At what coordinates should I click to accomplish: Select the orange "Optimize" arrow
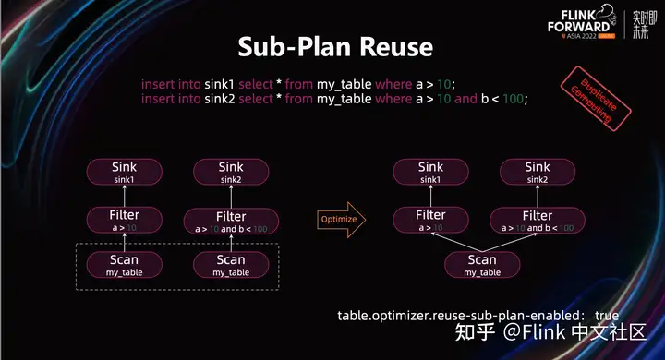point(341,220)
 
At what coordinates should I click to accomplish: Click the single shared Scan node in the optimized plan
point(481,265)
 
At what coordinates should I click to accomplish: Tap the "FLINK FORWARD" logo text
point(572,21)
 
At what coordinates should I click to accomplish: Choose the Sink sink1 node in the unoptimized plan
point(124,172)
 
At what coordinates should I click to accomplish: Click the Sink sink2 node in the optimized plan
point(537,172)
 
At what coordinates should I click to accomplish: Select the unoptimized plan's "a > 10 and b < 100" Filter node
point(231,220)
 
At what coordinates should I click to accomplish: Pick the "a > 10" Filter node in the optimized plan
point(429,220)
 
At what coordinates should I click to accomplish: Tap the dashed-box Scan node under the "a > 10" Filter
point(124,265)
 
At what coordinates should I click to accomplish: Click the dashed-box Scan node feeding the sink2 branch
point(231,265)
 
